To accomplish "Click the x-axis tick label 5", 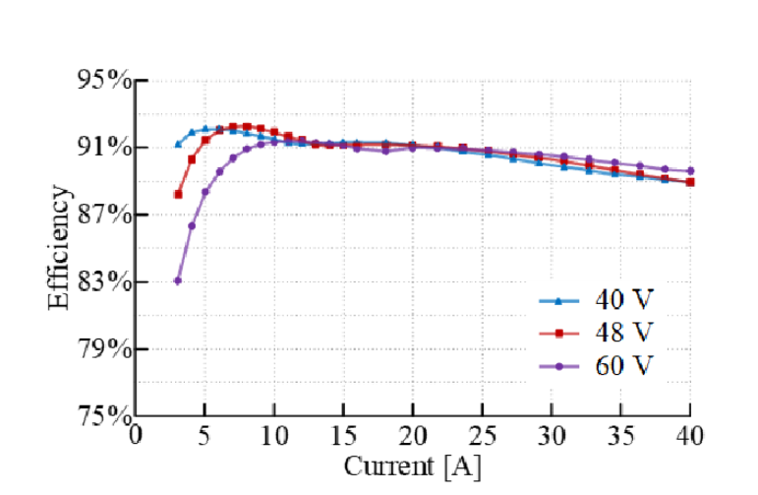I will point(204,434).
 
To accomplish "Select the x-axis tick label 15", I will point(343,434).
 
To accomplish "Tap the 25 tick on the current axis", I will point(482,434).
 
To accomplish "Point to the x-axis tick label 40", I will point(690,434).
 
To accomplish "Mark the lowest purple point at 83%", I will point(178,280).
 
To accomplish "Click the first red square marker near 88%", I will point(178,195).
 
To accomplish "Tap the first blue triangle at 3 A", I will point(178,144).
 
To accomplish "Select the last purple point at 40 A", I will point(690,171).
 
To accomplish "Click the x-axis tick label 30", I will point(552,434).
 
